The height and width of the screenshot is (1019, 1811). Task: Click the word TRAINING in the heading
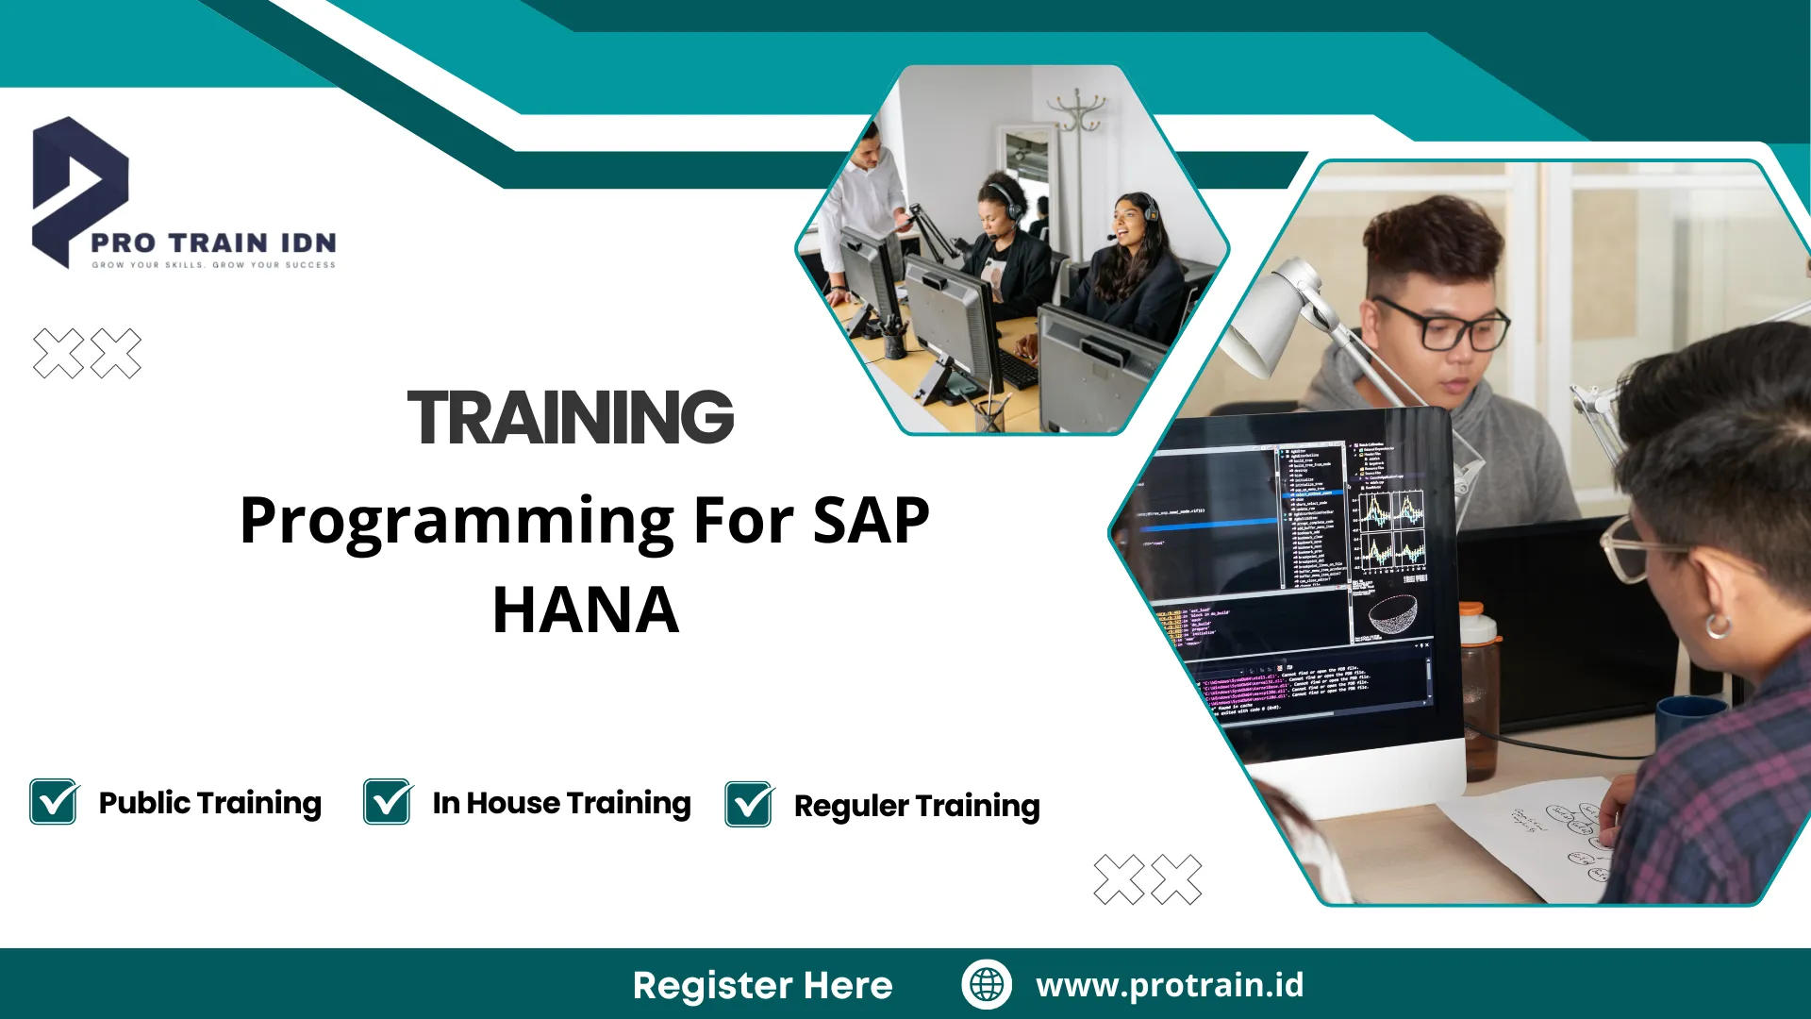[x=570, y=418]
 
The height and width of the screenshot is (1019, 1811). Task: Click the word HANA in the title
[x=585, y=610]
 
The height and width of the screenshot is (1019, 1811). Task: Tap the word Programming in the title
[x=457, y=522]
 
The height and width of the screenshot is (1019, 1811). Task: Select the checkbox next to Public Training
[x=54, y=802]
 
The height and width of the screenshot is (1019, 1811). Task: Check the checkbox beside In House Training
[x=387, y=802]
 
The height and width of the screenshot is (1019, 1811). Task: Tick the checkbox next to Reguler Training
[x=749, y=805]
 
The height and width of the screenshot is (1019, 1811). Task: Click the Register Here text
[x=762, y=985]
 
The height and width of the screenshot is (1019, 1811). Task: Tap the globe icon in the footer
[x=987, y=984]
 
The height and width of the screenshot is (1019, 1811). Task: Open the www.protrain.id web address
[x=1170, y=985]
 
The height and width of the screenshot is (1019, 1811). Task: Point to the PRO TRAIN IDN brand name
[x=213, y=242]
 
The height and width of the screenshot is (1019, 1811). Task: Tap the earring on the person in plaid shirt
[x=1718, y=625]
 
